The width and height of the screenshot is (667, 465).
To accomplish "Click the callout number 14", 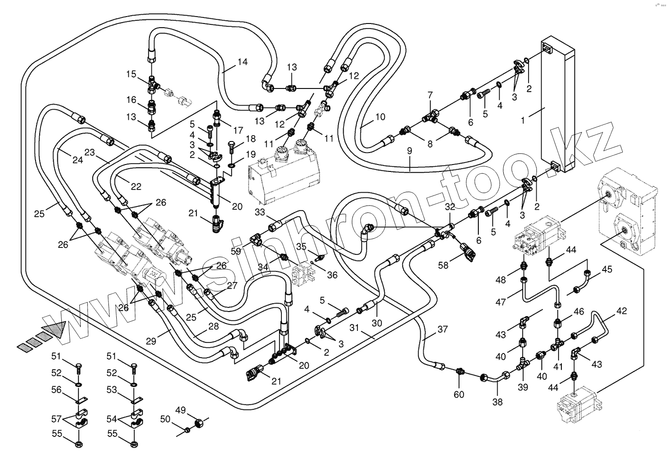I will pos(243,62).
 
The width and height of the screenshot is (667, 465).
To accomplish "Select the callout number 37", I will pos(443,330).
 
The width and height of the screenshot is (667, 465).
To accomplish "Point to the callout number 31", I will pos(354,328).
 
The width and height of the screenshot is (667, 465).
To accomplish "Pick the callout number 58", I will pos(443,265).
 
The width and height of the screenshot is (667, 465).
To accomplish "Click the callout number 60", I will pos(459,394).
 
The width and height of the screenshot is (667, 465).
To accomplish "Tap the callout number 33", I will pos(260,212).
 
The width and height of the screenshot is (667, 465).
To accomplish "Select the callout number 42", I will pos(621,311).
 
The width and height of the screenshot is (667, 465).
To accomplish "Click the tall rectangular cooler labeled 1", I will pos(558,106).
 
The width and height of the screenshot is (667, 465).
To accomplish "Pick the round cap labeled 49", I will pos(198,422).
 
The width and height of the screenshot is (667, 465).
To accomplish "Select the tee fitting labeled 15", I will pos(152,85).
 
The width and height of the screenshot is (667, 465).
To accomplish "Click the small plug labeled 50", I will pos(187,430).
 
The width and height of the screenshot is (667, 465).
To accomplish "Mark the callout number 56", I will pos(56,389).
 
